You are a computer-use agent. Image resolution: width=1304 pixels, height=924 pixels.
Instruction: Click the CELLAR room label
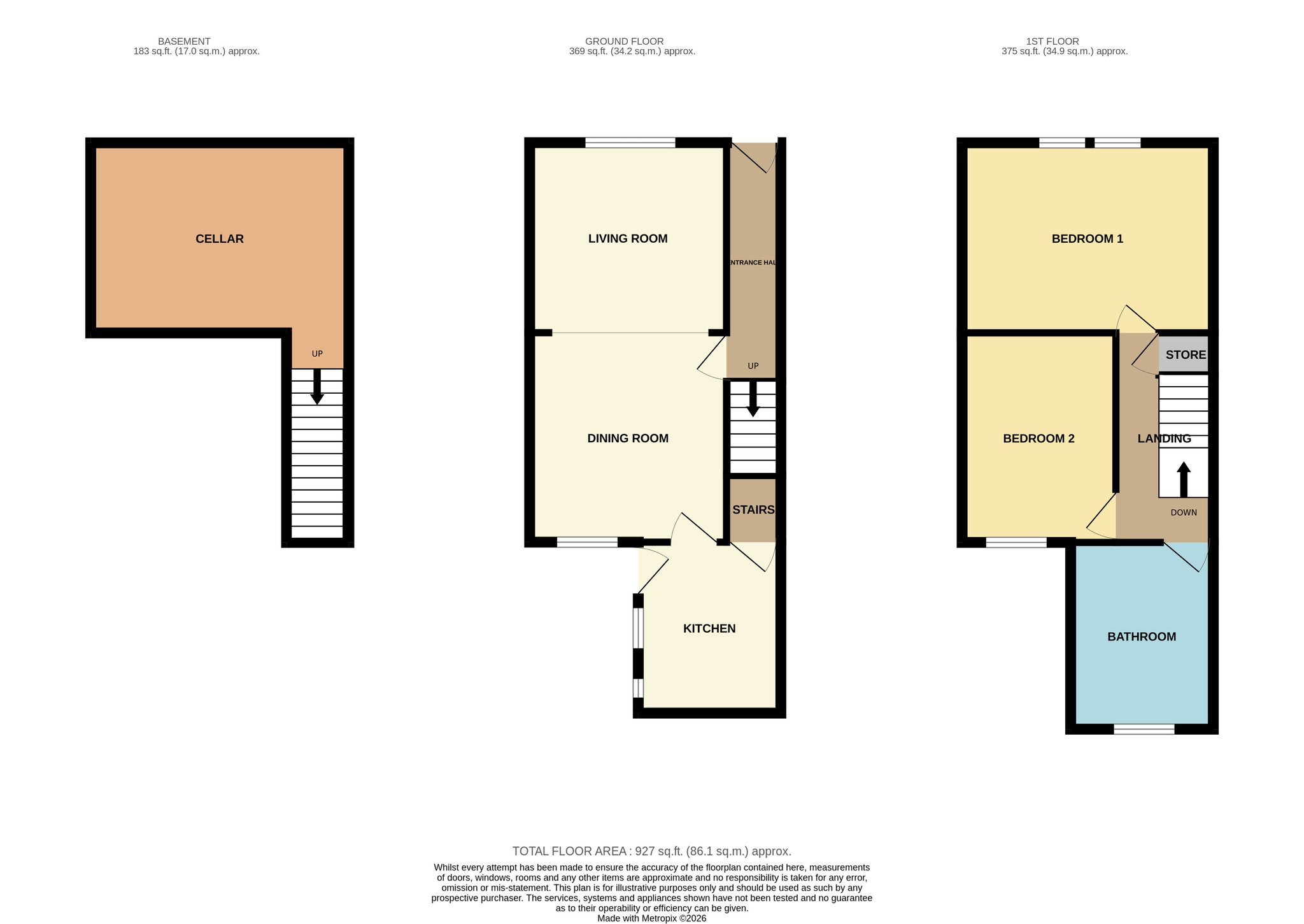click(220, 239)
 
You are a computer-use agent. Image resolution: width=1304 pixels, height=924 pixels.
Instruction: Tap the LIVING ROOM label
click(628, 239)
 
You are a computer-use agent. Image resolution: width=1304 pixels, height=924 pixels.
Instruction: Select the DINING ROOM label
click(628, 438)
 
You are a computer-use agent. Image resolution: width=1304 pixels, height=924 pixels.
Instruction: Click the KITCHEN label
click(709, 629)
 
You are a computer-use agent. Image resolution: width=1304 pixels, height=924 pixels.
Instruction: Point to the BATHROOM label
click(1142, 637)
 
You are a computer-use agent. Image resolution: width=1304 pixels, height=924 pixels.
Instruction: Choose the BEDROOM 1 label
click(1088, 239)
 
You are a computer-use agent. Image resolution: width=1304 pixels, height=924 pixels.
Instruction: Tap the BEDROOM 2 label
click(1038, 438)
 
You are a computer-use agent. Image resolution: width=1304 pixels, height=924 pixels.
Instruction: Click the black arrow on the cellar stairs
click(316, 386)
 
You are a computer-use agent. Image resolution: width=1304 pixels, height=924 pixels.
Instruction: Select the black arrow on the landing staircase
click(1184, 479)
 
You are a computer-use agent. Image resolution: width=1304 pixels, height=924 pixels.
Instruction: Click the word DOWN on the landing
click(1184, 512)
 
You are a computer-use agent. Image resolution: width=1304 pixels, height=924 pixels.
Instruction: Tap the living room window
click(630, 143)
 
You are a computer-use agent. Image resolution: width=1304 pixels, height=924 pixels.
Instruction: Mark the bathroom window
click(1144, 729)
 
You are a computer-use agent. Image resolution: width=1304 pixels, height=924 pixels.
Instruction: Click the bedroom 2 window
click(1016, 542)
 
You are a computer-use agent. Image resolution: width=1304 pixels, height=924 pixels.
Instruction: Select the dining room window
click(587, 542)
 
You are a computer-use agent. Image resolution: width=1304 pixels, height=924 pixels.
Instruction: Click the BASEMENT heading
click(184, 41)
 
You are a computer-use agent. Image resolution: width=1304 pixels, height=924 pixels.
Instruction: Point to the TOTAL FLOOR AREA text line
click(652, 851)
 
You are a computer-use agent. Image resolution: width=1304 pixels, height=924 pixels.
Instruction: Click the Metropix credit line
click(652, 919)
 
